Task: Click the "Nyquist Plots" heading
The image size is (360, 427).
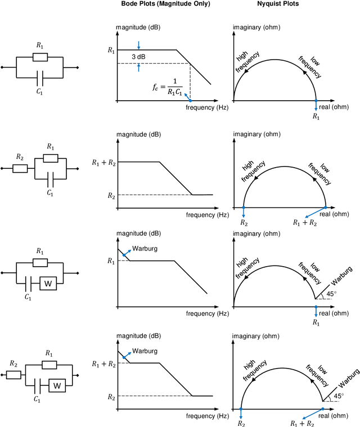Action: [282, 4]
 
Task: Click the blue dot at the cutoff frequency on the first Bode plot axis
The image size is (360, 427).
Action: [190, 100]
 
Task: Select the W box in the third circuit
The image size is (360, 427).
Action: [48, 284]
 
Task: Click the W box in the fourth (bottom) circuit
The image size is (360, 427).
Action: [57, 385]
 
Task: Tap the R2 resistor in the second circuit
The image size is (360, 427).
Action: [21, 168]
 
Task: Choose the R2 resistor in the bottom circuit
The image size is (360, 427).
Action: [15, 374]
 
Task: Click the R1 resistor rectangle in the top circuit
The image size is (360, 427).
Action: [40, 57]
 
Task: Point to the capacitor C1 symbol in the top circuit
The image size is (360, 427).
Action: [40, 77]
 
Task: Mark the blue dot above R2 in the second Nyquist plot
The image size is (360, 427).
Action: [243, 207]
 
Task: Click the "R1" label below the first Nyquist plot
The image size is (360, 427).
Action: [316, 116]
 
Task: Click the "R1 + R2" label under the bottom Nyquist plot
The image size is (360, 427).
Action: [302, 422]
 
